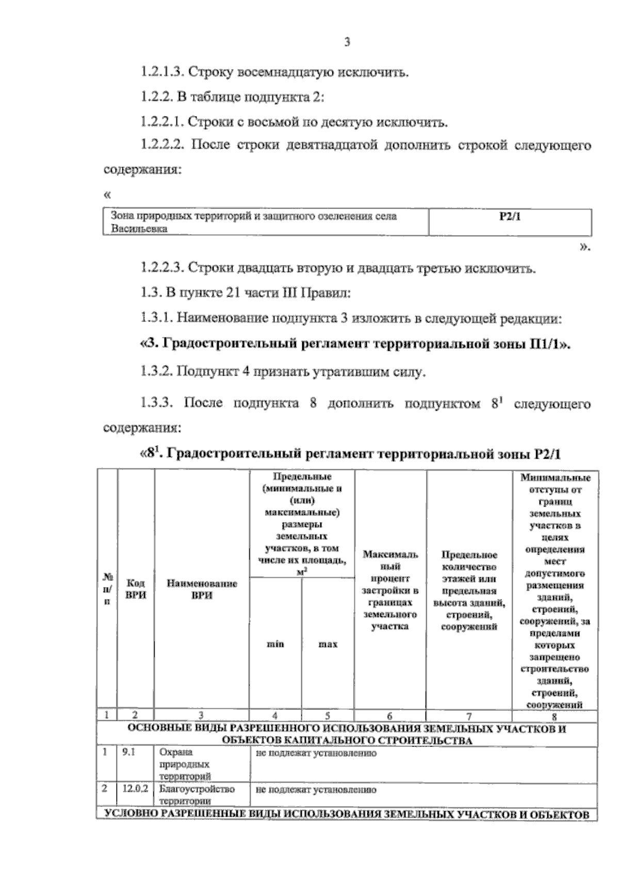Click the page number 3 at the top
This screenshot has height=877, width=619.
(x=347, y=43)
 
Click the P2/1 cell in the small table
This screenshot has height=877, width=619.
(x=510, y=217)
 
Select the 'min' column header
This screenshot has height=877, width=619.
(x=275, y=644)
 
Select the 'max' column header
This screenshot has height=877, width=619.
(x=328, y=644)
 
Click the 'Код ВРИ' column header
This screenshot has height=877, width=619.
(x=136, y=589)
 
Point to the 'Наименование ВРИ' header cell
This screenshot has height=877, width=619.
(x=202, y=589)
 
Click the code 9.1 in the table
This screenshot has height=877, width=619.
(x=129, y=753)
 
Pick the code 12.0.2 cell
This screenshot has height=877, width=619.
(x=135, y=789)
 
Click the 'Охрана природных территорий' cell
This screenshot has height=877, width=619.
(x=185, y=765)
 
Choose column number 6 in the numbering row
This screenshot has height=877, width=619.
(x=390, y=716)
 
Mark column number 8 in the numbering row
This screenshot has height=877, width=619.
(x=555, y=716)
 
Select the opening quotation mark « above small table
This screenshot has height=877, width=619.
(x=107, y=195)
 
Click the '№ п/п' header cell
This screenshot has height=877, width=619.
(x=107, y=589)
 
